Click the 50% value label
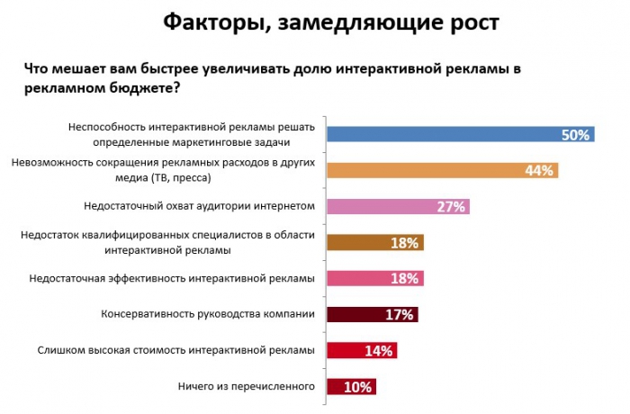tap(574, 135)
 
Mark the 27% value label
tap(450, 207)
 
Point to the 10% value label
tap(357, 387)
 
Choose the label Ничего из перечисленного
tap(247, 386)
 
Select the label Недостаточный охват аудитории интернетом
tap(198, 206)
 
